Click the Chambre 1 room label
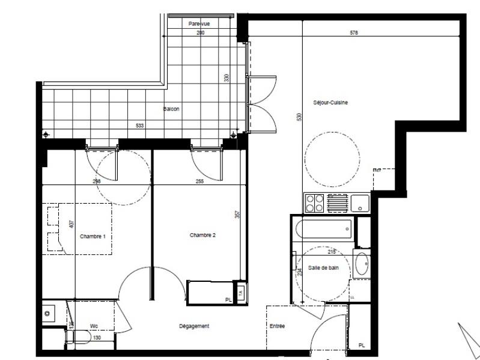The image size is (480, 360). (93, 237)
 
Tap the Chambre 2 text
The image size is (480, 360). (202, 235)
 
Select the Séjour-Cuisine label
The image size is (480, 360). (330, 102)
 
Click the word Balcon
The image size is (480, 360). (171, 109)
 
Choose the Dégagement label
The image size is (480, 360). (194, 326)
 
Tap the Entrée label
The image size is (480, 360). (277, 326)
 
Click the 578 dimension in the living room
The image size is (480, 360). (354, 33)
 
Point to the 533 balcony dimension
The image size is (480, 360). (139, 126)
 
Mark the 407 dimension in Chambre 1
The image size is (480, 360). (71, 225)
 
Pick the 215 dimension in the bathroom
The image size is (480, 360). (331, 252)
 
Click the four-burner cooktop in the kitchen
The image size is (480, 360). (314, 204)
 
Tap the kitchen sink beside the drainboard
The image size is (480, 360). (360, 204)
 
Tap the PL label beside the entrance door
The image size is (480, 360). (361, 345)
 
